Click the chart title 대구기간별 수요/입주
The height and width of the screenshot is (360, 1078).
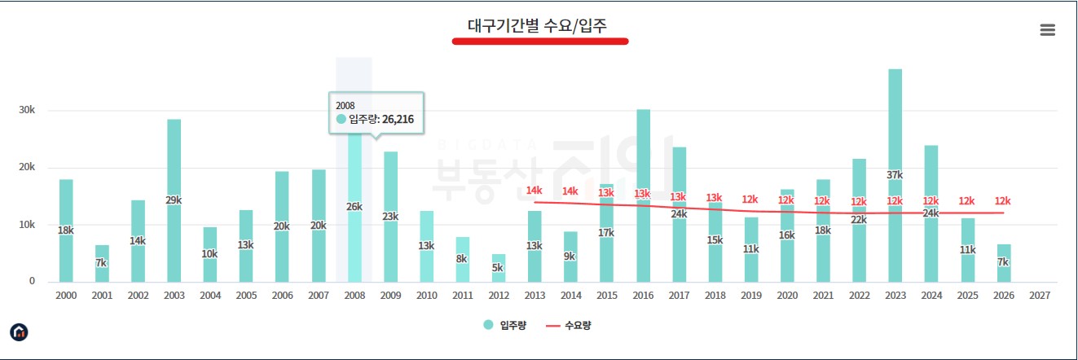(540, 25)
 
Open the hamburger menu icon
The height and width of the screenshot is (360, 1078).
(1047, 30)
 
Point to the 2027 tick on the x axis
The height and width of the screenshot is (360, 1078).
(1039, 296)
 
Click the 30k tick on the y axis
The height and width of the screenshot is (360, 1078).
(27, 111)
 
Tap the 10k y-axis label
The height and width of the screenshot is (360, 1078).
(27, 225)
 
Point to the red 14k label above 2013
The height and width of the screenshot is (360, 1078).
(534, 191)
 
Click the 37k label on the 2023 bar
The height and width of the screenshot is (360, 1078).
(895, 175)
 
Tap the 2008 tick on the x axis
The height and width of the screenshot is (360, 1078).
(354, 296)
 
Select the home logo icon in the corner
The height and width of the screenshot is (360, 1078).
(19, 331)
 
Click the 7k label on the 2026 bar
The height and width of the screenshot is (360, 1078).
(1003, 262)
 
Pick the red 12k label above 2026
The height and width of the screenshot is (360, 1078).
(1003, 200)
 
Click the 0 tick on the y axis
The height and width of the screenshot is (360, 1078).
(33, 282)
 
